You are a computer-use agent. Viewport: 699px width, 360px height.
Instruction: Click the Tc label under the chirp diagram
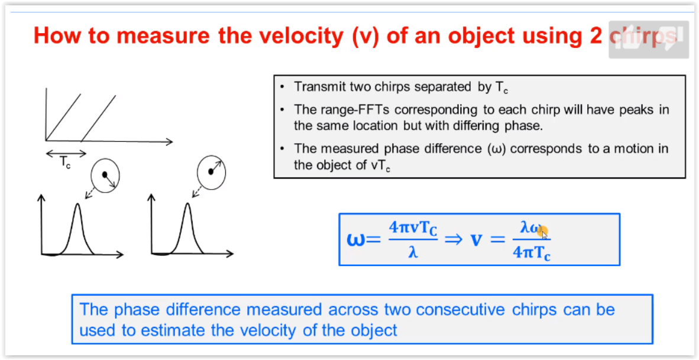click(65, 163)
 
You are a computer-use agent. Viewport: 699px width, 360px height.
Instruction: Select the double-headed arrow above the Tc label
click(66, 153)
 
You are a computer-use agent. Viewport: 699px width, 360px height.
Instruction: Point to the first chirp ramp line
click(63, 116)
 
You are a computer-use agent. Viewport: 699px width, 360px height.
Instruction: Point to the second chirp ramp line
click(99, 118)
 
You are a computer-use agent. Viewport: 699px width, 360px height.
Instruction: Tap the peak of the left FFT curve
click(78, 205)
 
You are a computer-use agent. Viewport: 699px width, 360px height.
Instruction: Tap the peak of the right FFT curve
click(187, 205)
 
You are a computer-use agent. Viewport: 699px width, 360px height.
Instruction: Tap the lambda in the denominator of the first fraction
click(412, 254)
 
